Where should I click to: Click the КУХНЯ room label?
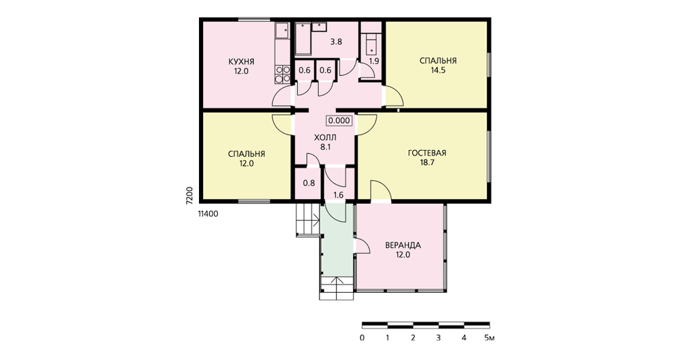241,62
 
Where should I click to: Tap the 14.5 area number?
438,71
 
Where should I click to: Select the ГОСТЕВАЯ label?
427,154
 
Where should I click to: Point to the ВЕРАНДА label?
403,246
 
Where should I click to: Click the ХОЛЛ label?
325,138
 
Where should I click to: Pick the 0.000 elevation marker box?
339,121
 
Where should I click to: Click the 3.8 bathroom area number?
336,42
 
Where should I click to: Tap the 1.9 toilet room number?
373,61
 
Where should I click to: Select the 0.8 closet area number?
309,183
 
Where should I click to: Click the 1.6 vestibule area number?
339,196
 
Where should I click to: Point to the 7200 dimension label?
189,196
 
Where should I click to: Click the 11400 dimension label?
208,213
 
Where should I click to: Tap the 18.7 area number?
427,163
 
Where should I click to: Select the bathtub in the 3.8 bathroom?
303,39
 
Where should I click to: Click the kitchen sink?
282,31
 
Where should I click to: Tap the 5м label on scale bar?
490,338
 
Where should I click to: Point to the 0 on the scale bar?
362,338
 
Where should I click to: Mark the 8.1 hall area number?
325,147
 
